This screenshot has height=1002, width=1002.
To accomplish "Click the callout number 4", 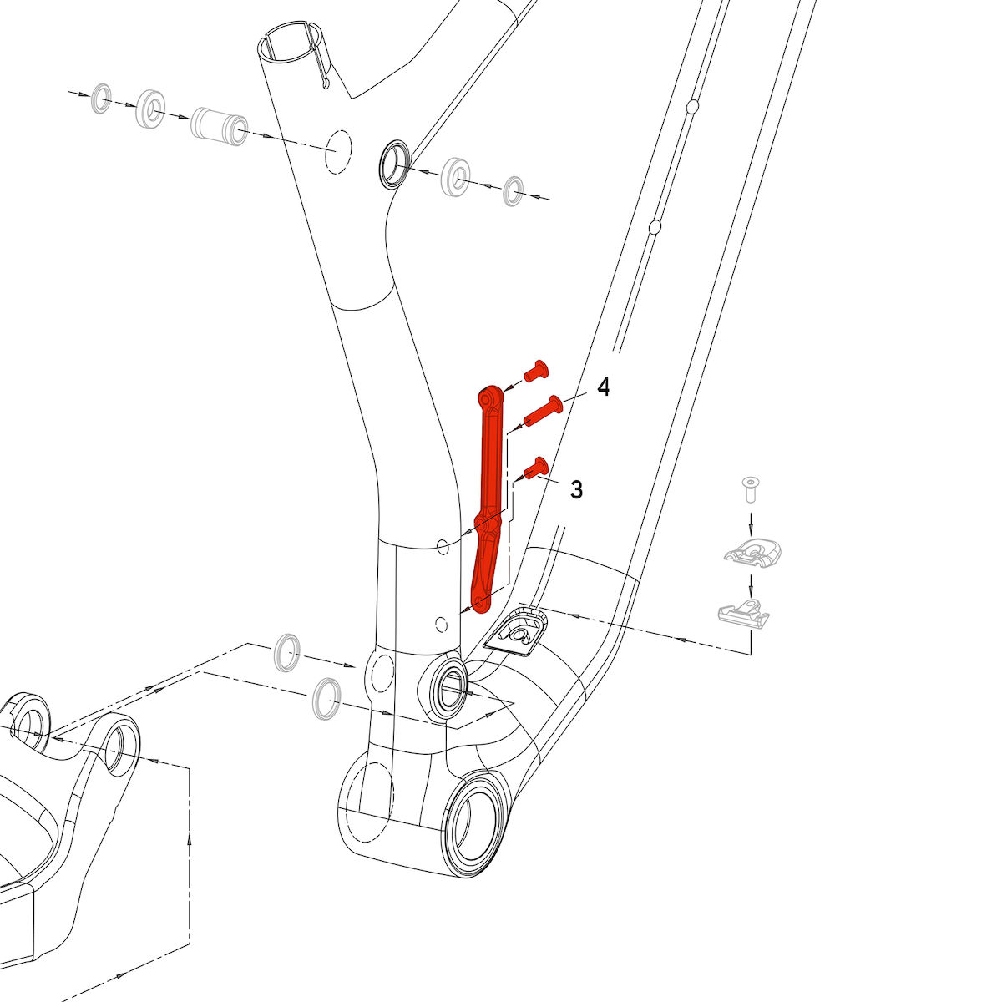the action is [x=603, y=387].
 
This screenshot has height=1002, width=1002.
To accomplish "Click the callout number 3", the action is [x=577, y=489].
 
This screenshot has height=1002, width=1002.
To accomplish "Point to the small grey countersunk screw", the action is [x=750, y=488].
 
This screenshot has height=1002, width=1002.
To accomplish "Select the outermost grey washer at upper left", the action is [x=101, y=98].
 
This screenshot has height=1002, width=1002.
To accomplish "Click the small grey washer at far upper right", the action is [x=514, y=191].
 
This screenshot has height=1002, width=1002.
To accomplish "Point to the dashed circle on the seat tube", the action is [x=338, y=151].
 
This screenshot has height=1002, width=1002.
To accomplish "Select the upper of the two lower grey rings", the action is [x=287, y=653].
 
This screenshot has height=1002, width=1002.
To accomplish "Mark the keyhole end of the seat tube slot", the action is [x=326, y=83].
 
